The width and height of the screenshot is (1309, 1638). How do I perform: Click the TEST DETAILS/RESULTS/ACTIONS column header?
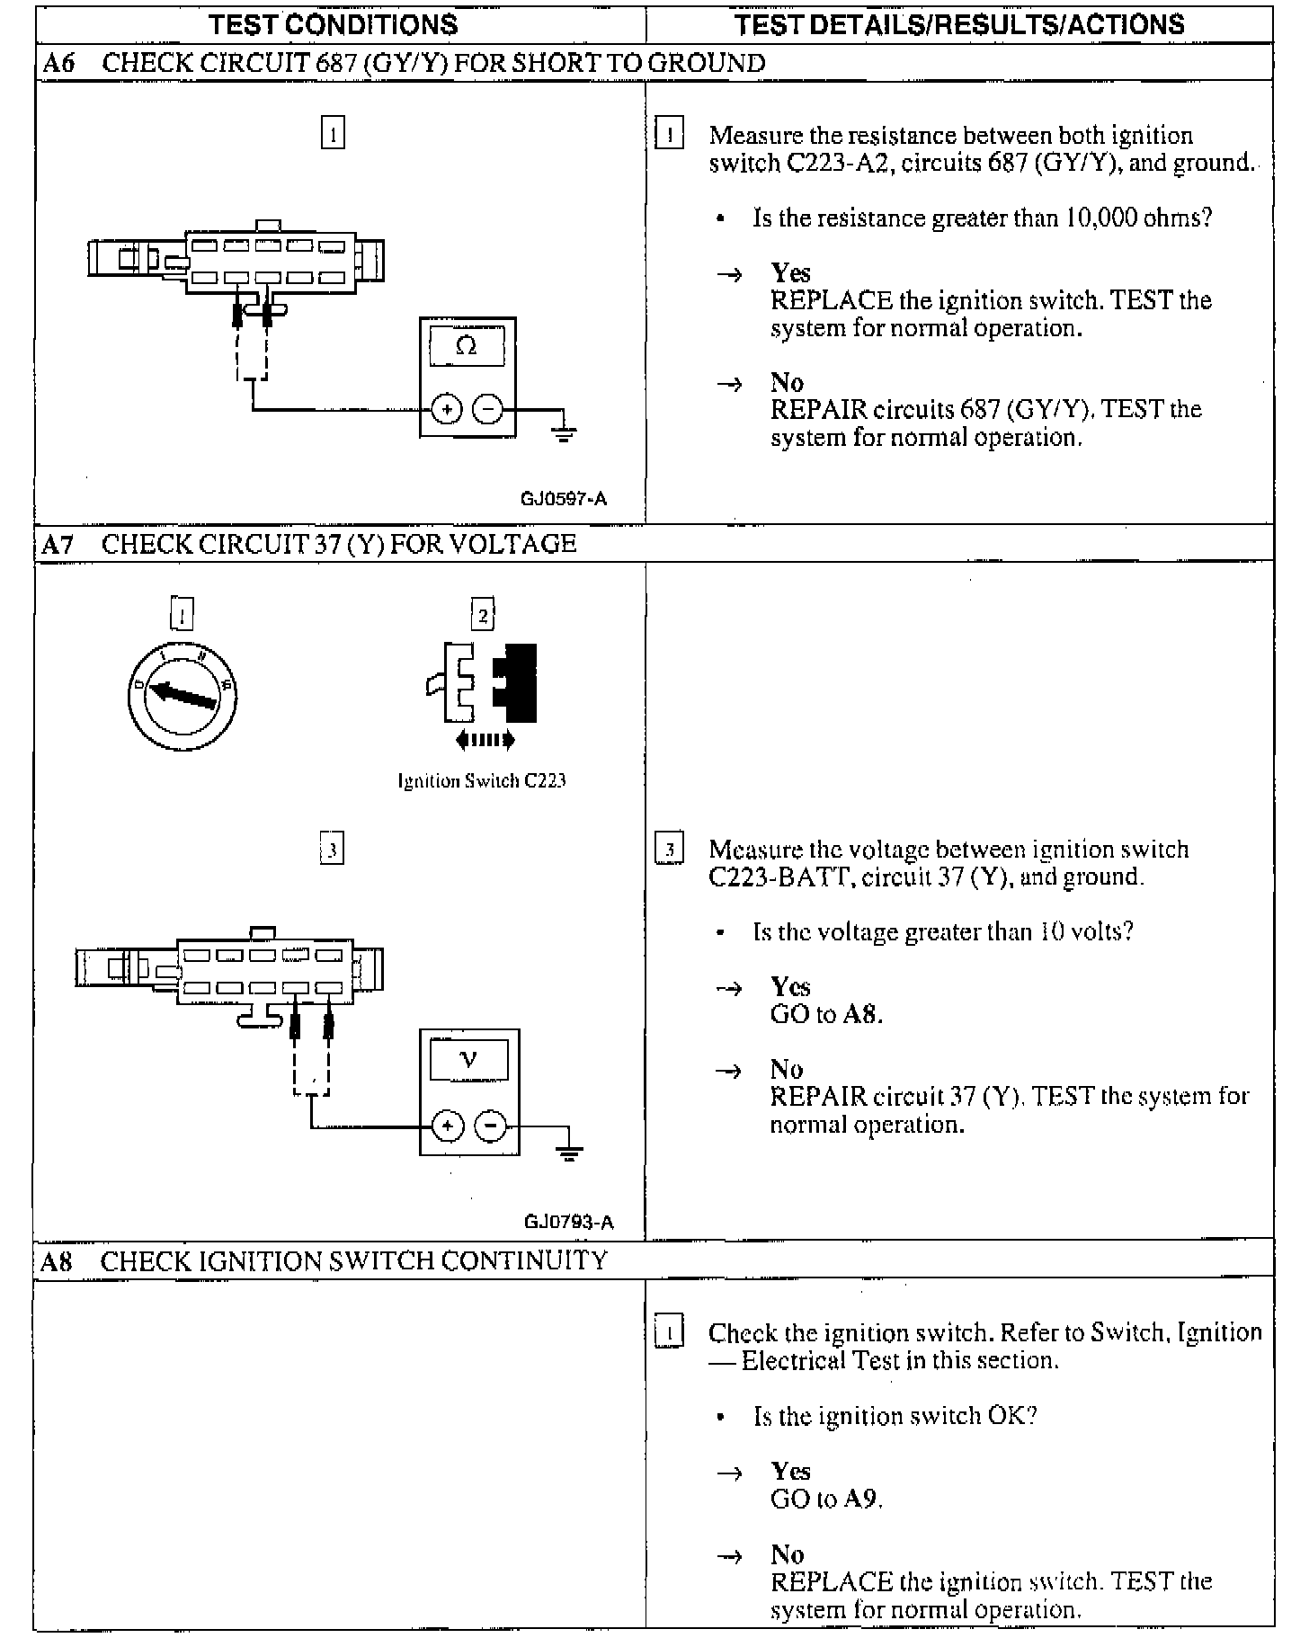tap(959, 24)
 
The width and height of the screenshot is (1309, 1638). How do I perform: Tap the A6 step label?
tap(58, 63)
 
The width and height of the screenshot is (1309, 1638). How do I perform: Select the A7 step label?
tap(58, 544)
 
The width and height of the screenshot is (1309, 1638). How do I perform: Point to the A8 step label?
tap(57, 1261)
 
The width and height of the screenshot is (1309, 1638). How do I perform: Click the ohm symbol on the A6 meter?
tap(467, 346)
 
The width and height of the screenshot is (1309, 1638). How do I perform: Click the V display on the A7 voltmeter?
tap(468, 1060)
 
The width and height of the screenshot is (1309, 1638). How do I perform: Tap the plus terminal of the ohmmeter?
tap(446, 410)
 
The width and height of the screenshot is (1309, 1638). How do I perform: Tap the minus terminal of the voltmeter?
tap(491, 1126)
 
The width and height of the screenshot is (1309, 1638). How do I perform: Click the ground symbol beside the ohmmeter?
tap(565, 433)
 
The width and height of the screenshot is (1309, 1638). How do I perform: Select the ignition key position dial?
tap(183, 695)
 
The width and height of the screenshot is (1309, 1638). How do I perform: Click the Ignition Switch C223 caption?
tap(482, 780)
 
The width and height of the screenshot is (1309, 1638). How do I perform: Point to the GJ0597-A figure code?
tap(564, 499)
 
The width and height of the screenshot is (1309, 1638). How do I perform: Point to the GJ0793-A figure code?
tap(568, 1222)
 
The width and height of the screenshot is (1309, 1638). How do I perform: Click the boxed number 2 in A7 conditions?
tap(483, 616)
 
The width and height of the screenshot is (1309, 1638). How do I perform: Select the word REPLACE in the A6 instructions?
tap(832, 300)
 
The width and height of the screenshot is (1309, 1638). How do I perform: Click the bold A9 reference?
tap(861, 1499)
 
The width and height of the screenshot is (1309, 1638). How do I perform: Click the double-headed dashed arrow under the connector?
tap(485, 741)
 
